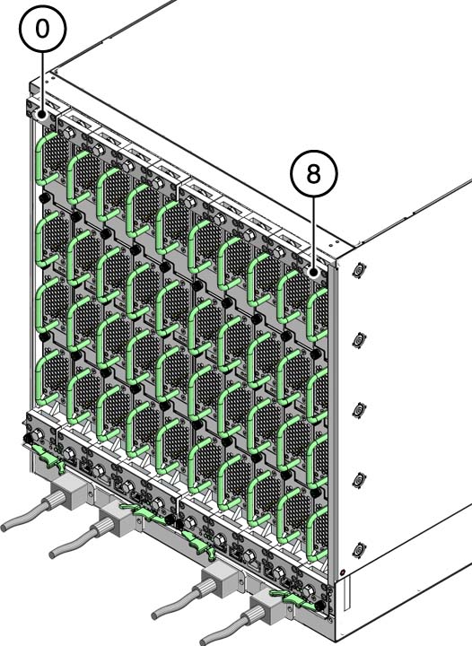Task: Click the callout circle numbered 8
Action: [312, 175]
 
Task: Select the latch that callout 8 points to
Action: [313, 270]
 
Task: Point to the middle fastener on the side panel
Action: [360, 409]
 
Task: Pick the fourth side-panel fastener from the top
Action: [360, 479]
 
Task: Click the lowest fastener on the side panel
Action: [360, 549]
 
